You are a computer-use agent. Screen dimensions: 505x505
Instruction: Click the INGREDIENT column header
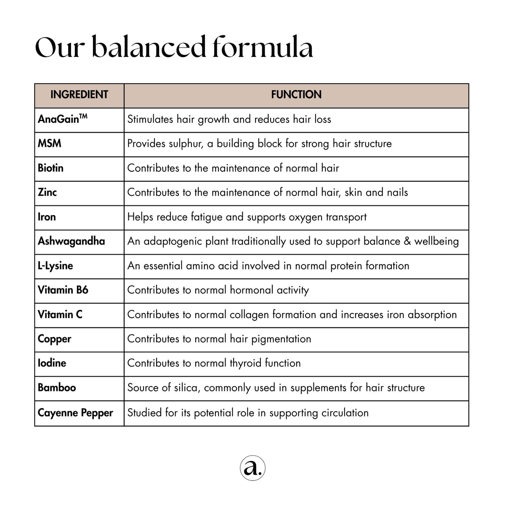coord(79,95)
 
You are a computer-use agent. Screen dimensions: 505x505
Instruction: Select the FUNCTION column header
coord(296,95)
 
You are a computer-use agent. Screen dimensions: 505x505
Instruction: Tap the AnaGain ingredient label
coord(62,119)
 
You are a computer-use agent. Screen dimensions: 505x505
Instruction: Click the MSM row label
coord(50,144)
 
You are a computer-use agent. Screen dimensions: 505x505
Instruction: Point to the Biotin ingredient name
coord(50,168)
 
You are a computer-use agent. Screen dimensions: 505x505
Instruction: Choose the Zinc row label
coord(47,192)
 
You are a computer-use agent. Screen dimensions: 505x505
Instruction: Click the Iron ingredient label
coord(47,217)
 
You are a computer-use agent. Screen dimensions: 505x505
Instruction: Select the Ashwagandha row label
coord(71,241)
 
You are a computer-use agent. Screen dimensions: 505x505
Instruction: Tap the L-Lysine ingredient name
coord(55,266)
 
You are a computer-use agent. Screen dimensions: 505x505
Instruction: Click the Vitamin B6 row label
coord(63,290)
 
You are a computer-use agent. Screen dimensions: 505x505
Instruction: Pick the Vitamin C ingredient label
coord(60,314)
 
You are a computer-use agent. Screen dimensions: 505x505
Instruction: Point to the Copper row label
coord(54,339)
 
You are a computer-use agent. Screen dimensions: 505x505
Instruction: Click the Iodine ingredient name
coord(52,363)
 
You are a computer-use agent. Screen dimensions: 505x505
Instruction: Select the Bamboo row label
coord(57,387)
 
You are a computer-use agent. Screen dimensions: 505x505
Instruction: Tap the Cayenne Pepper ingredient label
coord(75,413)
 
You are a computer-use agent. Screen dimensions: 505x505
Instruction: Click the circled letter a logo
coord(252,468)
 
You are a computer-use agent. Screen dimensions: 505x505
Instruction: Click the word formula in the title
coord(263,47)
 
